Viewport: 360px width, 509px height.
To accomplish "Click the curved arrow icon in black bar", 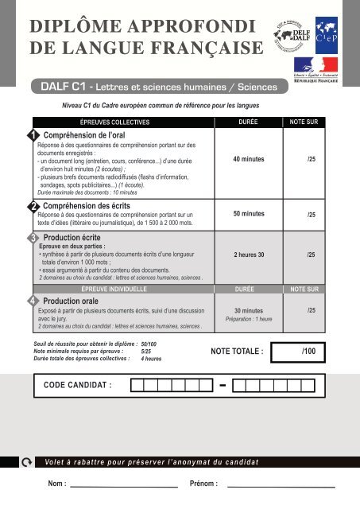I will (29, 462).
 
